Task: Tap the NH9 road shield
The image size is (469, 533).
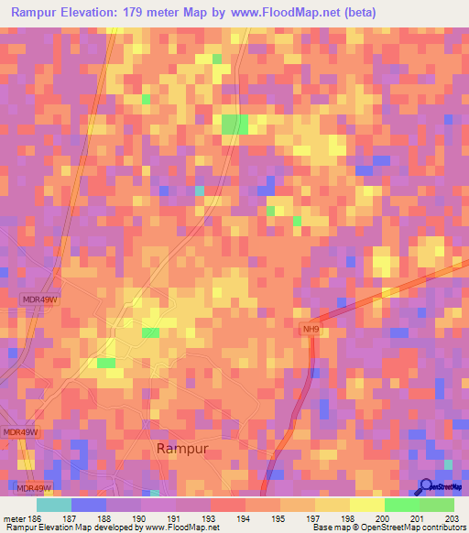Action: coord(312,330)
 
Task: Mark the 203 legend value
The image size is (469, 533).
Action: coord(450,517)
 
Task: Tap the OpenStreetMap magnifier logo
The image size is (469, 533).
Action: coord(426,486)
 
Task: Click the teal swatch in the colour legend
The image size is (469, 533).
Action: coord(54,505)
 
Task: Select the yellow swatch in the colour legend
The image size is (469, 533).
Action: coord(367,505)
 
